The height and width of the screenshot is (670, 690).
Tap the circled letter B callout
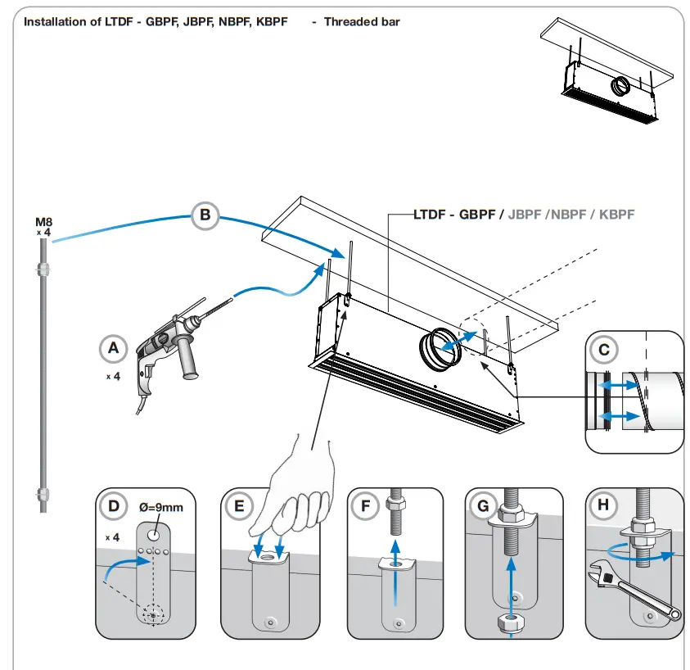click(x=205, y=215)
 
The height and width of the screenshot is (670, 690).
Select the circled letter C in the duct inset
click(x=604, y=350)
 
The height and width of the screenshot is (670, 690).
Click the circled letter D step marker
click(x=114, y=506)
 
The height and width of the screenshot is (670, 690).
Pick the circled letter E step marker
click(x=239, y=506)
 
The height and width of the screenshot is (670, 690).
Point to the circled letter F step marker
click(x=365, y=506)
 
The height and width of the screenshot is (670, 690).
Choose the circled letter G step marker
click(x=482, y=506)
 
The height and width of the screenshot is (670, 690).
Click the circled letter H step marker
click(x=603, y=506)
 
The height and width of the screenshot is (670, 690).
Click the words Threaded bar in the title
click(x=362, y=21)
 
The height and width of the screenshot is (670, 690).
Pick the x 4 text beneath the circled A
click(x=113, y=377)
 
